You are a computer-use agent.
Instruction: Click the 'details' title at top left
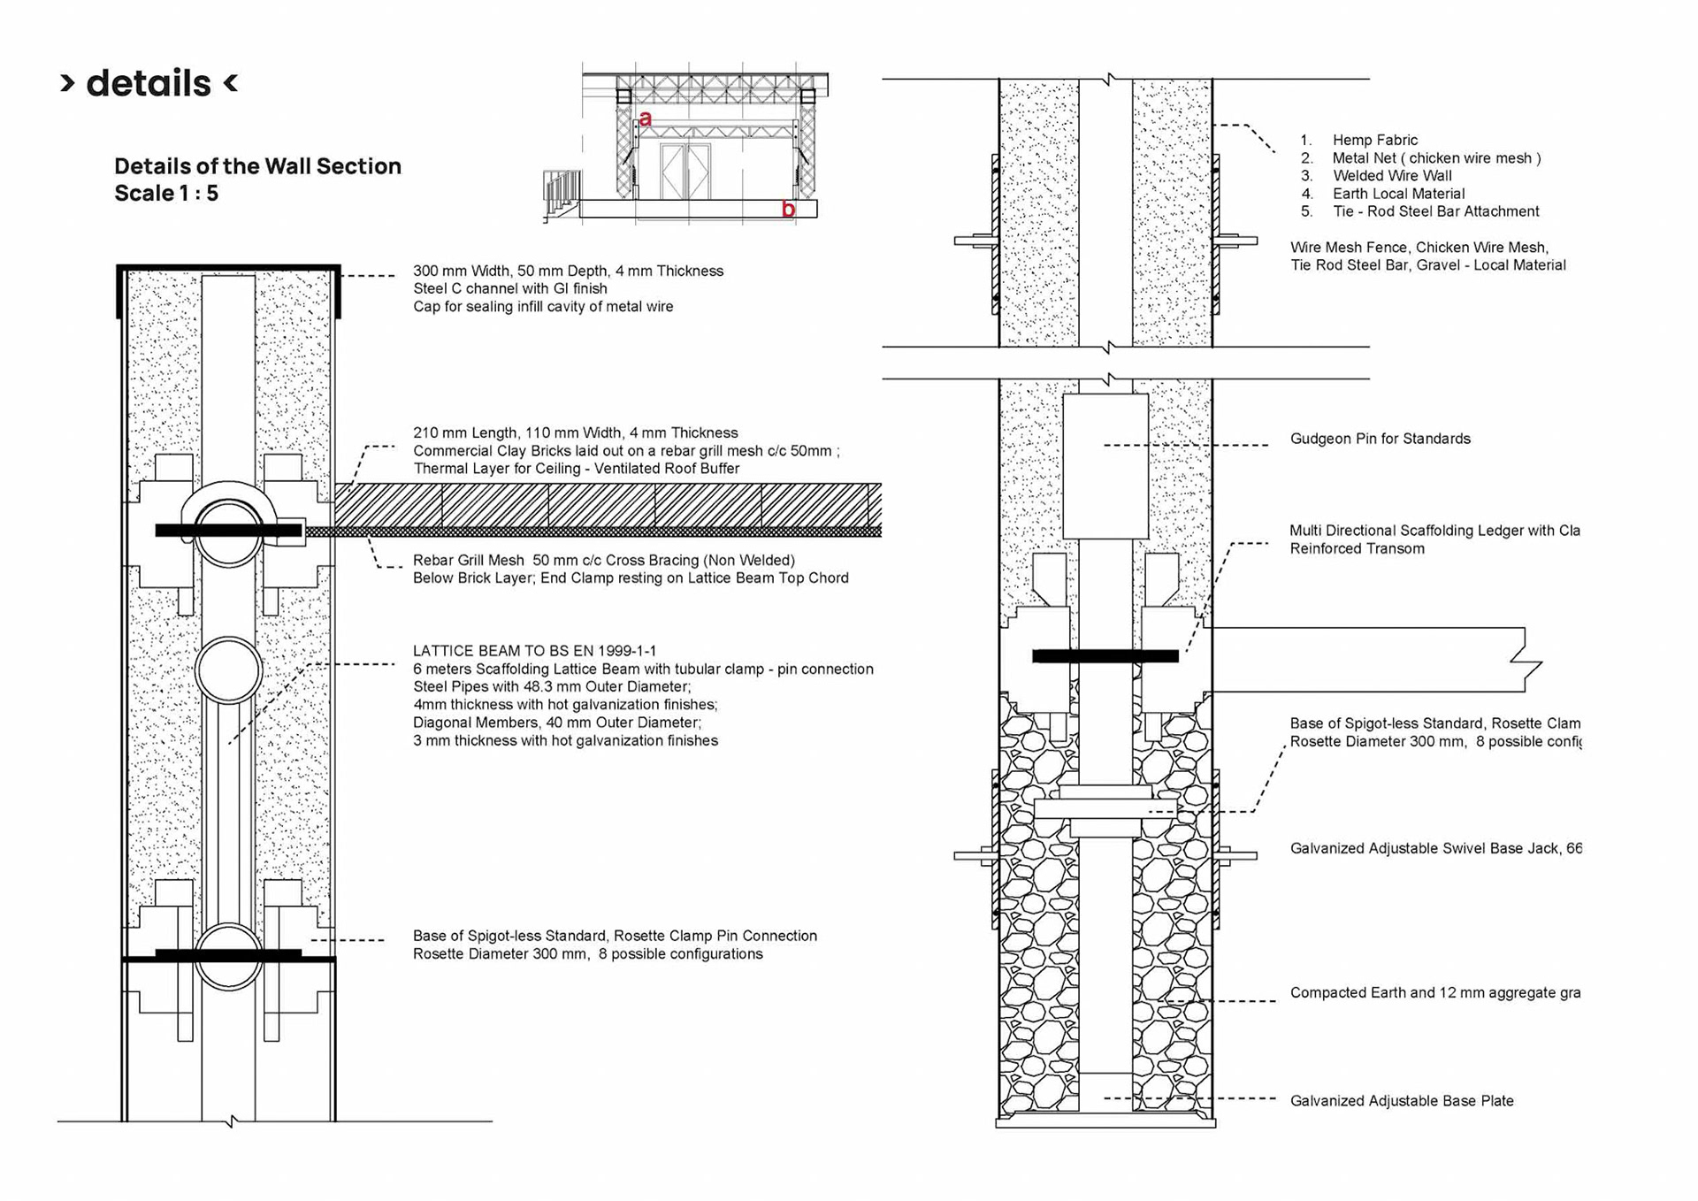pyautogui.click(x=149, y=83)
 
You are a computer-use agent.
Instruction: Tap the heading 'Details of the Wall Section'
pyautogui.click(x=257, y=166)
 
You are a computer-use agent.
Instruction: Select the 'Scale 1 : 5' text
pyautogui.click(x=166, y=194)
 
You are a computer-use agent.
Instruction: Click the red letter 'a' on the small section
pyautogui.click(x=646, y=119)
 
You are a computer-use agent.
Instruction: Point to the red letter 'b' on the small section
pyautogui.click(x=788, y=210)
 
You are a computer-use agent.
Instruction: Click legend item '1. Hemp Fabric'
pyautogui.click(x=1374, y=140)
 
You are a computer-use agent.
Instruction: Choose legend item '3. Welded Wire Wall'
pyautogui.click(x=1392, y=176)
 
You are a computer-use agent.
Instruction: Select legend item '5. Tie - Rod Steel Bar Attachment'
pyautogui.click(x=1435, y=211)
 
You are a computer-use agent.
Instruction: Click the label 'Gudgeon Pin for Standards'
pyautogui.click(x=1380, y=439)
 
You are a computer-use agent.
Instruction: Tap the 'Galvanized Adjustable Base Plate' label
pyautogui.click(x=1402, y=1101)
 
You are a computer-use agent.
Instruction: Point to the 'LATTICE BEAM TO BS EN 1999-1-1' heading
pyautogui.click(x=534, y=651)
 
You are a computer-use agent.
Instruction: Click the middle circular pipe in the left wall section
pyautogui.click(x=229, y=670)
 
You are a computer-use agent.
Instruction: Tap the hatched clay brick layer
pyautogui.click(x=601, y=504)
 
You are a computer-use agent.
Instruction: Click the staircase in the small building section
pyautogui.click(x=562, y=193)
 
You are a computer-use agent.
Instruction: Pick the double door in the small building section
pyautogui.click(x=685, y=171)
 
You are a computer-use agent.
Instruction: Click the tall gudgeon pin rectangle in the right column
pyautogui.click(x=1105, y=466)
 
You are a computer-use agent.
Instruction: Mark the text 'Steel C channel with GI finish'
pyautogui.click(x=510, y=288)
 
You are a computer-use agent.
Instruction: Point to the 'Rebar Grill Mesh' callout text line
pyautogui.click(x=603, y=560)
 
